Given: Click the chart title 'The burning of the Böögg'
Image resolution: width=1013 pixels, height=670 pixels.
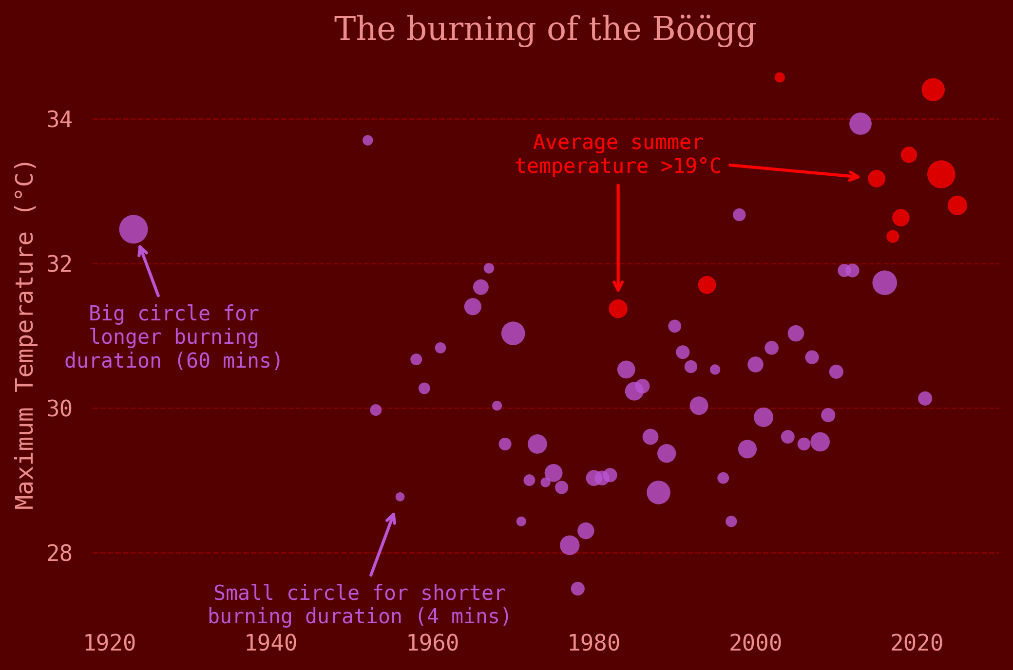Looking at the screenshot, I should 545,29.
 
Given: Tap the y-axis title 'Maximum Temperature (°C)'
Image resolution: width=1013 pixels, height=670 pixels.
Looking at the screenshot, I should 24,335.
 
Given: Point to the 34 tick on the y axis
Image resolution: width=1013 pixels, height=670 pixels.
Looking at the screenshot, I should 59,119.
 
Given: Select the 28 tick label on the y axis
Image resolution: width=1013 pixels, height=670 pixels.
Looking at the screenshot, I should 59,553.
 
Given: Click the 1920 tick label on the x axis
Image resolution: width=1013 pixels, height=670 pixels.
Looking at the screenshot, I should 110,643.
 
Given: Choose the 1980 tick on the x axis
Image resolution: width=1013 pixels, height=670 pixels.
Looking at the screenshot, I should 594,643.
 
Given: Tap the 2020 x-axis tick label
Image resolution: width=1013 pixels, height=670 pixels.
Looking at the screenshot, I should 917,643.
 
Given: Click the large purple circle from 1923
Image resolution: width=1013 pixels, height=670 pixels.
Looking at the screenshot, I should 133,229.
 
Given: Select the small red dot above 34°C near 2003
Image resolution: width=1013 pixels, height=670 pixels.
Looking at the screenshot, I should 780,77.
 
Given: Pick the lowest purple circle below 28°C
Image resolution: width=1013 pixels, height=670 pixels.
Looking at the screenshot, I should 577,589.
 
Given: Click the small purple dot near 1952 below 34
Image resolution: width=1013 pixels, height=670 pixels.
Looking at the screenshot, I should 368,140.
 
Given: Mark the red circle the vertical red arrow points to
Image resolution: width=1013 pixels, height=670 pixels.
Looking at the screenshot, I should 618,309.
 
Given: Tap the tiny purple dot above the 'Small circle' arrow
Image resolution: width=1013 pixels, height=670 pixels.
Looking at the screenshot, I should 400,497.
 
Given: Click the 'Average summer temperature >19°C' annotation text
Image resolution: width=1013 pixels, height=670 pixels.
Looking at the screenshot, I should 618,154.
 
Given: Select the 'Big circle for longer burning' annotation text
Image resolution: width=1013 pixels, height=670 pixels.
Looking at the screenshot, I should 174,337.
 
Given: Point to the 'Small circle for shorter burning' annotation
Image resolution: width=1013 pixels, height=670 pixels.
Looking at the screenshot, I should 359,605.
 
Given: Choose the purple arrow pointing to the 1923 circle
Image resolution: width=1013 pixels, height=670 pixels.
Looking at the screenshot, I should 149,271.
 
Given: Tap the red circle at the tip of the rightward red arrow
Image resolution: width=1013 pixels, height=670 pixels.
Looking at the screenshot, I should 877,179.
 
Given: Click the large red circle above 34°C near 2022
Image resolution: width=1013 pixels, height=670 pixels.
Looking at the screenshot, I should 933,90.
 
